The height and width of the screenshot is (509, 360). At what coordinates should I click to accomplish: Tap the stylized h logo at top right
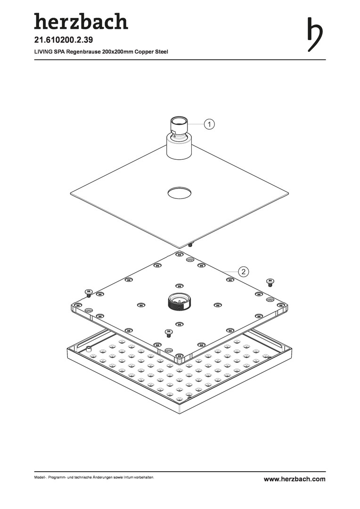coord(315,34)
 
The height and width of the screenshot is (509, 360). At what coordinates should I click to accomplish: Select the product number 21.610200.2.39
coord(64,40)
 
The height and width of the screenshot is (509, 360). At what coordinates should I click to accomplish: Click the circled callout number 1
coord(209,124)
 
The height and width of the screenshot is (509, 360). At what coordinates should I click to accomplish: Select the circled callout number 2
coord(244,271)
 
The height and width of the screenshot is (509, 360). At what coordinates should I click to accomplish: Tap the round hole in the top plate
coord(180,193)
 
